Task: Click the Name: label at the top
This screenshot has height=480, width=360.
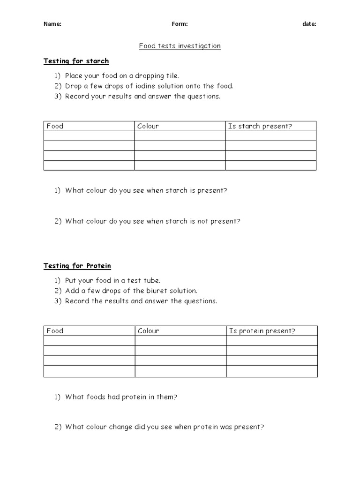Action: tap(52, 24)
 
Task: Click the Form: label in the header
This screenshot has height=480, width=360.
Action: tap(180, 24)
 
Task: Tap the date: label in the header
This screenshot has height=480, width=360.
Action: tap(309, 24)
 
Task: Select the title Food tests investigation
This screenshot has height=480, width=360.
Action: tap(180, 46)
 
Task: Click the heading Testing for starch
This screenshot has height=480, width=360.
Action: tap(76, 61)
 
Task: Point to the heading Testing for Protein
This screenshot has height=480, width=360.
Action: tap(77, 266)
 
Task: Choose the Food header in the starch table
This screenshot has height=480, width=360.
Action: tap(55, 126)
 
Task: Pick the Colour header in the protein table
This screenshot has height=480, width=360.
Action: tap(148, 331)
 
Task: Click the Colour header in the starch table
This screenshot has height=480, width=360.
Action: tap(148, 126)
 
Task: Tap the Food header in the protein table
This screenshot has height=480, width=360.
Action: tap(55, 331)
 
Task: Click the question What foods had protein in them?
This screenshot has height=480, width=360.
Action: tap(121, 397)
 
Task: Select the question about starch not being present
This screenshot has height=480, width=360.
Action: tap(152, 221)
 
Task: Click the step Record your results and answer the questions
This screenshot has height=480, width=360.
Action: tap(142, 97)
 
